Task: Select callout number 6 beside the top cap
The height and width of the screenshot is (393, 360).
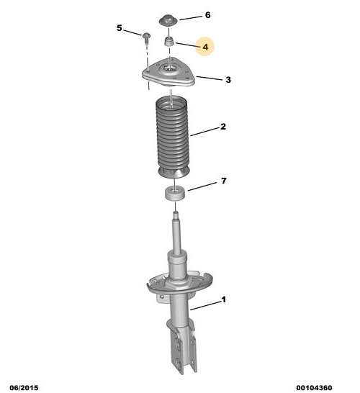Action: click(208, 15)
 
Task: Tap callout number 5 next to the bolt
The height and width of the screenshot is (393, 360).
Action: click(120, 28)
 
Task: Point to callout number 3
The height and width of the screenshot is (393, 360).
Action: click(228, 80)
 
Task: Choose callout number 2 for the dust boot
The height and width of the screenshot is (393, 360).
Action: click(224, 127)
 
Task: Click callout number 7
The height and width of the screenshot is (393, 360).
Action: click(223, 181)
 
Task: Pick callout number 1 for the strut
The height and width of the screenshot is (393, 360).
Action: click(223, 300)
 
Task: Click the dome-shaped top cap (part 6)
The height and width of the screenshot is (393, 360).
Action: click(170, 17)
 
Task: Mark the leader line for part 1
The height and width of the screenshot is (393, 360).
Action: click(204, 305)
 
